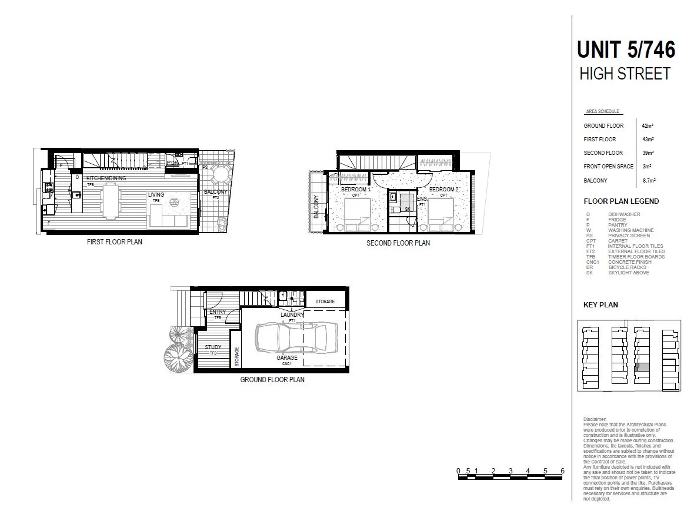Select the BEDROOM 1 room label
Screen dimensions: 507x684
(356, 190)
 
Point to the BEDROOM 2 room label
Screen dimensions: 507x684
(443, 190)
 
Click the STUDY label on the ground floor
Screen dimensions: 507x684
(213, 347)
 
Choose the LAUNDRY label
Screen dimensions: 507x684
(292, 315)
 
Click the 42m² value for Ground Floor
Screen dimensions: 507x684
(648, 126)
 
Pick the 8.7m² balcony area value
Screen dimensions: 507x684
(649, 180)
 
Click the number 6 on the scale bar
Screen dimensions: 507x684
(563, 470)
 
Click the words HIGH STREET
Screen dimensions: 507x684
(625, 74)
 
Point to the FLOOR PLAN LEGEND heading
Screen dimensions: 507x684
(621, 201)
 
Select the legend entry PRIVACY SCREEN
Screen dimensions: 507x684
(629, 236)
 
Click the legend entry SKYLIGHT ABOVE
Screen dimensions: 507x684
(629, 273)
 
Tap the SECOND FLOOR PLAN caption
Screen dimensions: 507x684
(398, 243)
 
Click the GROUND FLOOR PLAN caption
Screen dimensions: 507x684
(272, 380)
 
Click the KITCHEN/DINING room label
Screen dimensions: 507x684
(106, 178)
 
